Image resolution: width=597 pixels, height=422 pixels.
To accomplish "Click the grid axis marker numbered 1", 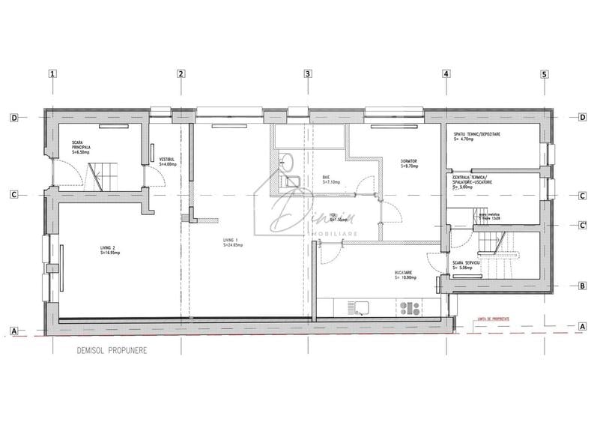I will click(52, 73).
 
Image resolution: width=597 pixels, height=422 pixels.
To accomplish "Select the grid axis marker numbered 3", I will click(307, 73).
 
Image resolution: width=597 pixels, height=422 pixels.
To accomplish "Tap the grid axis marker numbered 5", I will click(545, 73).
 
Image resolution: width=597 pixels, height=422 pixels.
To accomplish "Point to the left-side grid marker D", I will click(13, 118).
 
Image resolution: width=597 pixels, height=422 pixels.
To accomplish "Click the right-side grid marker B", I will click(582, 286).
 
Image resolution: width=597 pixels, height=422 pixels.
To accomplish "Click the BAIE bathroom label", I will click(327, 176).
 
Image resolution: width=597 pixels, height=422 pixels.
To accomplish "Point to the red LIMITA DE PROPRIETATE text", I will click(513, 319).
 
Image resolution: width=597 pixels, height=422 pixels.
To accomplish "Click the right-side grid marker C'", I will click(582, 225).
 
